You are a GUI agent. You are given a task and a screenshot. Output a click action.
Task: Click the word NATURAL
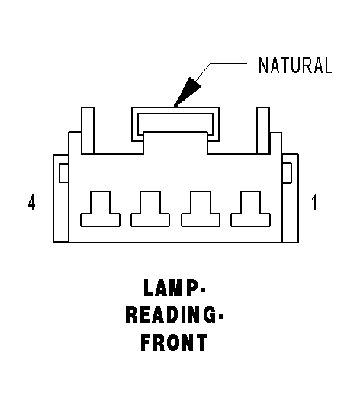(x=295, y=66)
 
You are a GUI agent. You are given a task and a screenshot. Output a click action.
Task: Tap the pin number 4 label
(x=31, y=203)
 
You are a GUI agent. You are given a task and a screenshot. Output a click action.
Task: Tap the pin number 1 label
(x=314, y=203)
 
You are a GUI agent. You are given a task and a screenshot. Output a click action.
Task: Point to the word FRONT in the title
(x=174, y=342)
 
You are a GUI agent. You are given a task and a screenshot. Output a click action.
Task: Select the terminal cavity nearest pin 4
(x=100, y=209)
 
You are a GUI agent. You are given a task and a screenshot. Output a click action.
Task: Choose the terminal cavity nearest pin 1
(x=251, y=209)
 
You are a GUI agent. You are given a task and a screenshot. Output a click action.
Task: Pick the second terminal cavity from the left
(x=150, y=209)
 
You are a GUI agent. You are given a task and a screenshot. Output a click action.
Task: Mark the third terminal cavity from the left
(x=201, y=209)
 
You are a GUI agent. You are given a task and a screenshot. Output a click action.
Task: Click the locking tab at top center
(x=175, y=111)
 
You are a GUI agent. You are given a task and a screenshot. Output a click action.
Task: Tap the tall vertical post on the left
(x=88, y=130)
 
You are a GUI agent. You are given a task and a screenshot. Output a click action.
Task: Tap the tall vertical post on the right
(x=263, y=130)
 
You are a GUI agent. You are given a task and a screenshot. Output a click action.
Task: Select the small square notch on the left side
(x=64, y=173)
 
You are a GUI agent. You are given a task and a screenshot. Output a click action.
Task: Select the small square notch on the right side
(x=287, y=173)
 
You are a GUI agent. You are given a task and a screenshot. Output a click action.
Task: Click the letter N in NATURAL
(x=263, y=66)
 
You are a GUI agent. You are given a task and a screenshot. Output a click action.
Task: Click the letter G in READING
(x=209, y=315)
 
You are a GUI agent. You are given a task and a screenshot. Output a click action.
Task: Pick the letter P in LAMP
(x=195, y=288)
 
